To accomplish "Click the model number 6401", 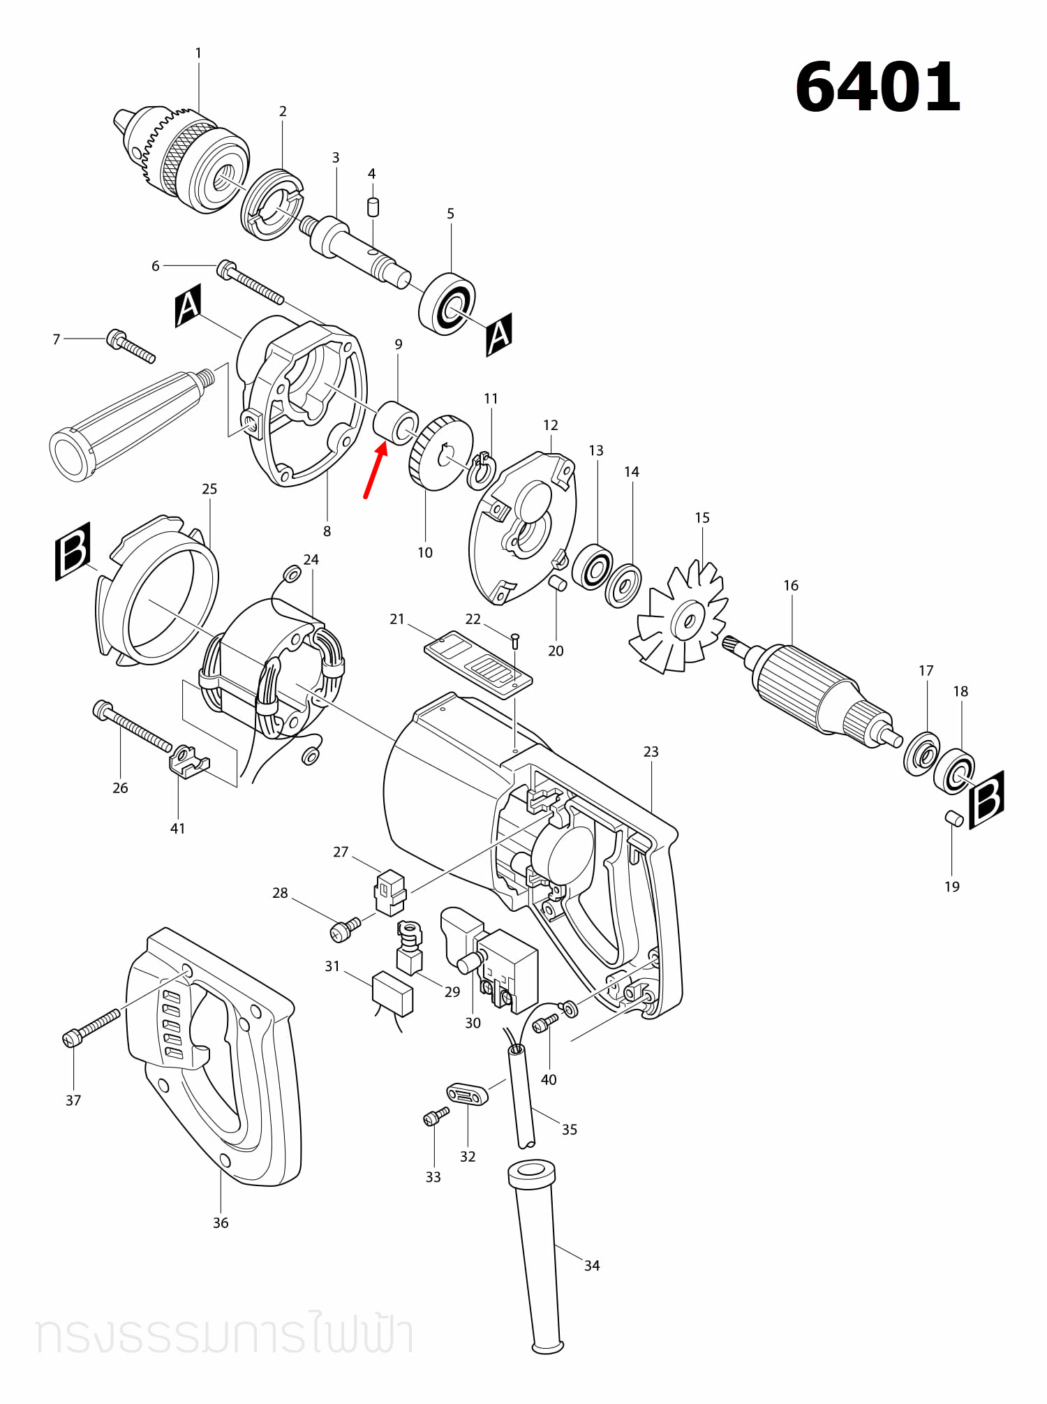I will point(877,87).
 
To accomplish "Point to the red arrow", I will point(375,471).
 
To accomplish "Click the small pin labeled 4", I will point(373,207).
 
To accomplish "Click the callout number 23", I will point(651,751).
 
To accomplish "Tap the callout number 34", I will point(592,1265).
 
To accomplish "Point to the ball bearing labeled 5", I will point(448,304).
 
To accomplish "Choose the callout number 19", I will point(952,887).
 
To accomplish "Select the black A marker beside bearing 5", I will point(499,334).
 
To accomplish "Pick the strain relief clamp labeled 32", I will point(467,1093).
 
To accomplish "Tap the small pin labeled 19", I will point(953,818).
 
